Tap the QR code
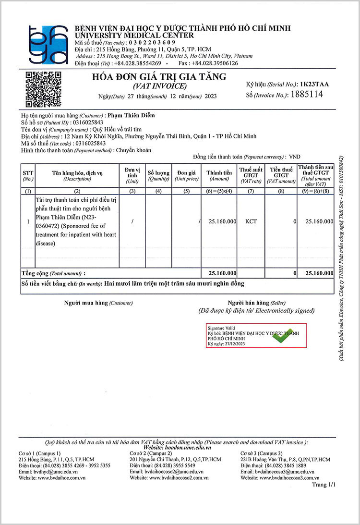(43, 89)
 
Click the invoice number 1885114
(305, 95)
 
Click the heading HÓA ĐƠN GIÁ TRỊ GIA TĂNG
(159, 77)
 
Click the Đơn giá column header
(186, 175)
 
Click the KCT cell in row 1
(251, 221)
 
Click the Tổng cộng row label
(53, 273)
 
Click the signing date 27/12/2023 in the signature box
(233, 344)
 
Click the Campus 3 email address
(279, 472)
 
